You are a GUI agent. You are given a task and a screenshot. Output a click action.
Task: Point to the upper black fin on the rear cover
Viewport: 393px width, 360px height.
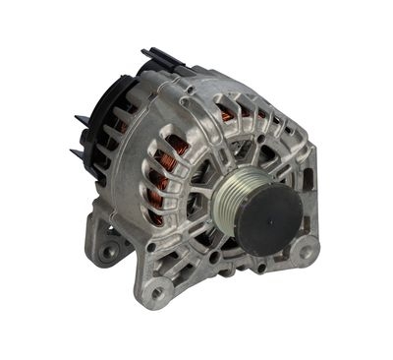pos(82,121)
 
